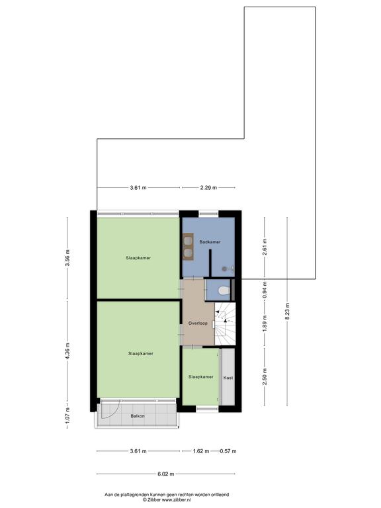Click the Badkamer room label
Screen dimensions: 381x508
click(x=210, y=242)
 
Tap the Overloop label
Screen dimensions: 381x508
click(x=198, y=323)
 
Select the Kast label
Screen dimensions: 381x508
click(x=228, y=378)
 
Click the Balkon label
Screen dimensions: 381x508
click(x=138, y=416)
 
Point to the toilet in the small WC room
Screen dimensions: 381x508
click(x=224, y=290)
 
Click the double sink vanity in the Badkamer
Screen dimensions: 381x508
click(x=188, y=247)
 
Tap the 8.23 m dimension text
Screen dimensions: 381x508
click(x=287, y=311)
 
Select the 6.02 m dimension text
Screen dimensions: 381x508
click(x=166, y=474)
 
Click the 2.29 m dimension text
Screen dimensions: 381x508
click(x=208, y=187)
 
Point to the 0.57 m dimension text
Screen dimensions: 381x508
click(x=228, y=451)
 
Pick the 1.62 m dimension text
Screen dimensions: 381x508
click(x=201, y=451)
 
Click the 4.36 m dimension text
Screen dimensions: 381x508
click(x=67, y=351)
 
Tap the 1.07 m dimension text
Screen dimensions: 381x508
click(x=67, y=415)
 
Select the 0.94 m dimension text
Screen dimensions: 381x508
click(x=265, y=290)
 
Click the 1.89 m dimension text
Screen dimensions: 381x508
click(x=265, y=323)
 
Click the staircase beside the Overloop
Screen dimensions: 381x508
click(x=225, y=324)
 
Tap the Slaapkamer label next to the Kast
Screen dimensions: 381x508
click(x=201, y=377)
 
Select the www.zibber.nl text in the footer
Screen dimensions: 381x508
click(x=176, y=500)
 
